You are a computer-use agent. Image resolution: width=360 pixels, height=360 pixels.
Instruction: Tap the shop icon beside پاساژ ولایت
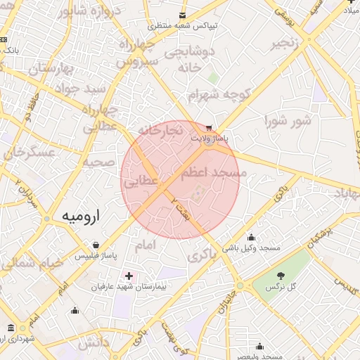(x=209, y=129)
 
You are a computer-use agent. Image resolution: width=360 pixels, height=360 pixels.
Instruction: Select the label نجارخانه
(x=160, y=130)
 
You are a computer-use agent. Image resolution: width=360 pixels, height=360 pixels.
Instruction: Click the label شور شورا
(x=287, y=121)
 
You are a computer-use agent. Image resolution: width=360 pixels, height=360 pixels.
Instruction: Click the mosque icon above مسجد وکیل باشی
(x=251, y=237)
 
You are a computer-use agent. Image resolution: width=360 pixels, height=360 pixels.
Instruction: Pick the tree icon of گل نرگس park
(x=281, y=276)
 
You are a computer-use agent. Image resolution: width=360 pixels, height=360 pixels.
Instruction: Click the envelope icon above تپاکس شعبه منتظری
(x=183, y=15)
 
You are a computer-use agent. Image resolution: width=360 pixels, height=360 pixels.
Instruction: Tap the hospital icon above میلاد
(x=351, y=2)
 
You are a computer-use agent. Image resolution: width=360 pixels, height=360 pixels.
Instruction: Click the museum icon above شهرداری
(x=10, y=328)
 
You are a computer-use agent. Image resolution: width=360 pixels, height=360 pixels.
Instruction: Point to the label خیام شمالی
(x=31, y=263)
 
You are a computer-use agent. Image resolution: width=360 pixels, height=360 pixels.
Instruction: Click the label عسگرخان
(x=28, y=152)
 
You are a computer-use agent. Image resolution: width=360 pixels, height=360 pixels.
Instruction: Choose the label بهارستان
(x=51, y=69)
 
